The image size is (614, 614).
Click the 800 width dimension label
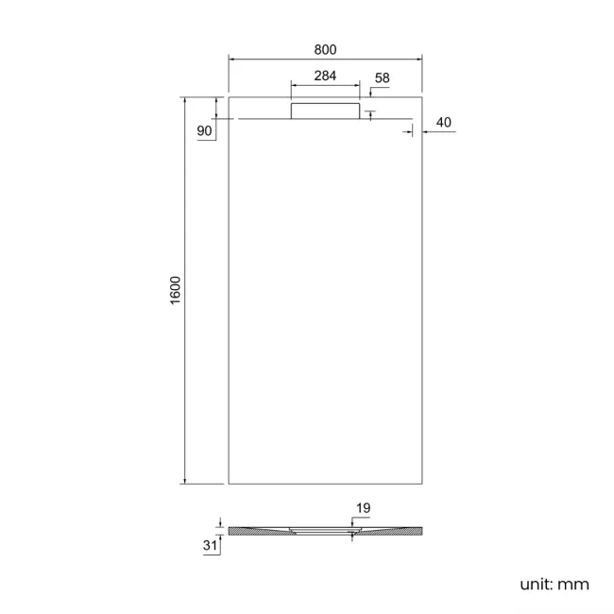pos(325,49)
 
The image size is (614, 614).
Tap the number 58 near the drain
pos(382,77)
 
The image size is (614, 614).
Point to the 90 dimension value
pos(205,131)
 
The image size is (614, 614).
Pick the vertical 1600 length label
pos(176,290)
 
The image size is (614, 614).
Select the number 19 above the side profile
pos(363,508)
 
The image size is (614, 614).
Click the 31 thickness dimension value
pos(210,544)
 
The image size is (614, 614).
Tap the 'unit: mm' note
pos(554,585)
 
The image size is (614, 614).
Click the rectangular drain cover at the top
pos(325,111)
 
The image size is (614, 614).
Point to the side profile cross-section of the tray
pos(325,532)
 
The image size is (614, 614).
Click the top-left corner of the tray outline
pos(229,96)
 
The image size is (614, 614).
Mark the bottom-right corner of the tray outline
pos(421,484)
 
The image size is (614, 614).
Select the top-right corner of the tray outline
pos(421,96)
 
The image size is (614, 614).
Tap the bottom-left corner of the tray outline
pos(229,484)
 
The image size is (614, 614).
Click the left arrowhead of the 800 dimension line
pos(231,60)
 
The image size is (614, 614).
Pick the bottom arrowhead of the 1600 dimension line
pos(186,481)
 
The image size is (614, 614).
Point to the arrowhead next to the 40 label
pos(425,132)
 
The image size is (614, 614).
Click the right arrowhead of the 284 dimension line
pos(358,86)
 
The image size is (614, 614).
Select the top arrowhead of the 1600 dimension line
pos(186,99)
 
